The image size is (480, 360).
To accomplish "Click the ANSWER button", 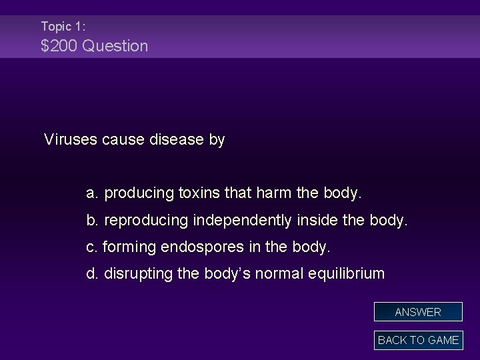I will [418, 312].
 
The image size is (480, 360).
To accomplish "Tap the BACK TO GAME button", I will [418, 340].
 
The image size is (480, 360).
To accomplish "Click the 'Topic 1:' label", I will [63, 27].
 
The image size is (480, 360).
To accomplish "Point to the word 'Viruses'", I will [71, 140].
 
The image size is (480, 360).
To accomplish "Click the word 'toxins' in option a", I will [199, 194].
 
